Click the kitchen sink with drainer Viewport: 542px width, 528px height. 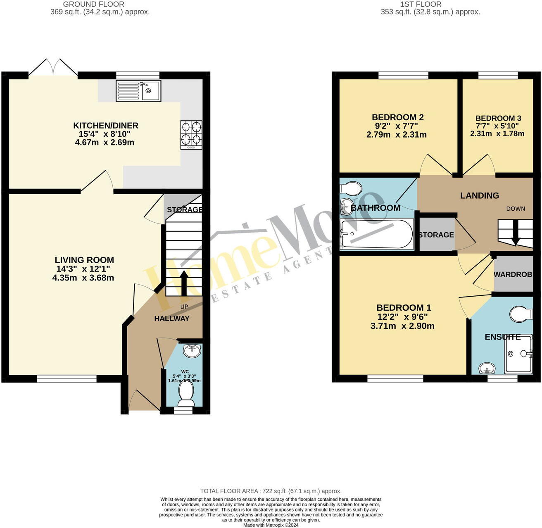tap(138, 91)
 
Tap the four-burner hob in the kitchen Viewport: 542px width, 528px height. tap(191, 135)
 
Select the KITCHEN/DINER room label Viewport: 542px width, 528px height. tap(106, 126)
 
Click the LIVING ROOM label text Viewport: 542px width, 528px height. tap(84, 260)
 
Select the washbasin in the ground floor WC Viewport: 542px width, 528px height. tap(192, 351)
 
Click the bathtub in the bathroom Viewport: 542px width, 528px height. tap(376, 234)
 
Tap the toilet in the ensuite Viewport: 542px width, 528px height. tap(521, 314)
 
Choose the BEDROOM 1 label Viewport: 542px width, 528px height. tap(404, 308)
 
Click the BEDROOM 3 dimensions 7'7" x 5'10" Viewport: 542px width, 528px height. tap(497, 126)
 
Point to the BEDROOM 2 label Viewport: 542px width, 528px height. tap(397, 117)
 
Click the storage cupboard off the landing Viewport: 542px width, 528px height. tap(436, 235)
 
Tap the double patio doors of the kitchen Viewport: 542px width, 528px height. tap(52, 68)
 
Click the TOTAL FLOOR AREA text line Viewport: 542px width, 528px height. tap(271, 491)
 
